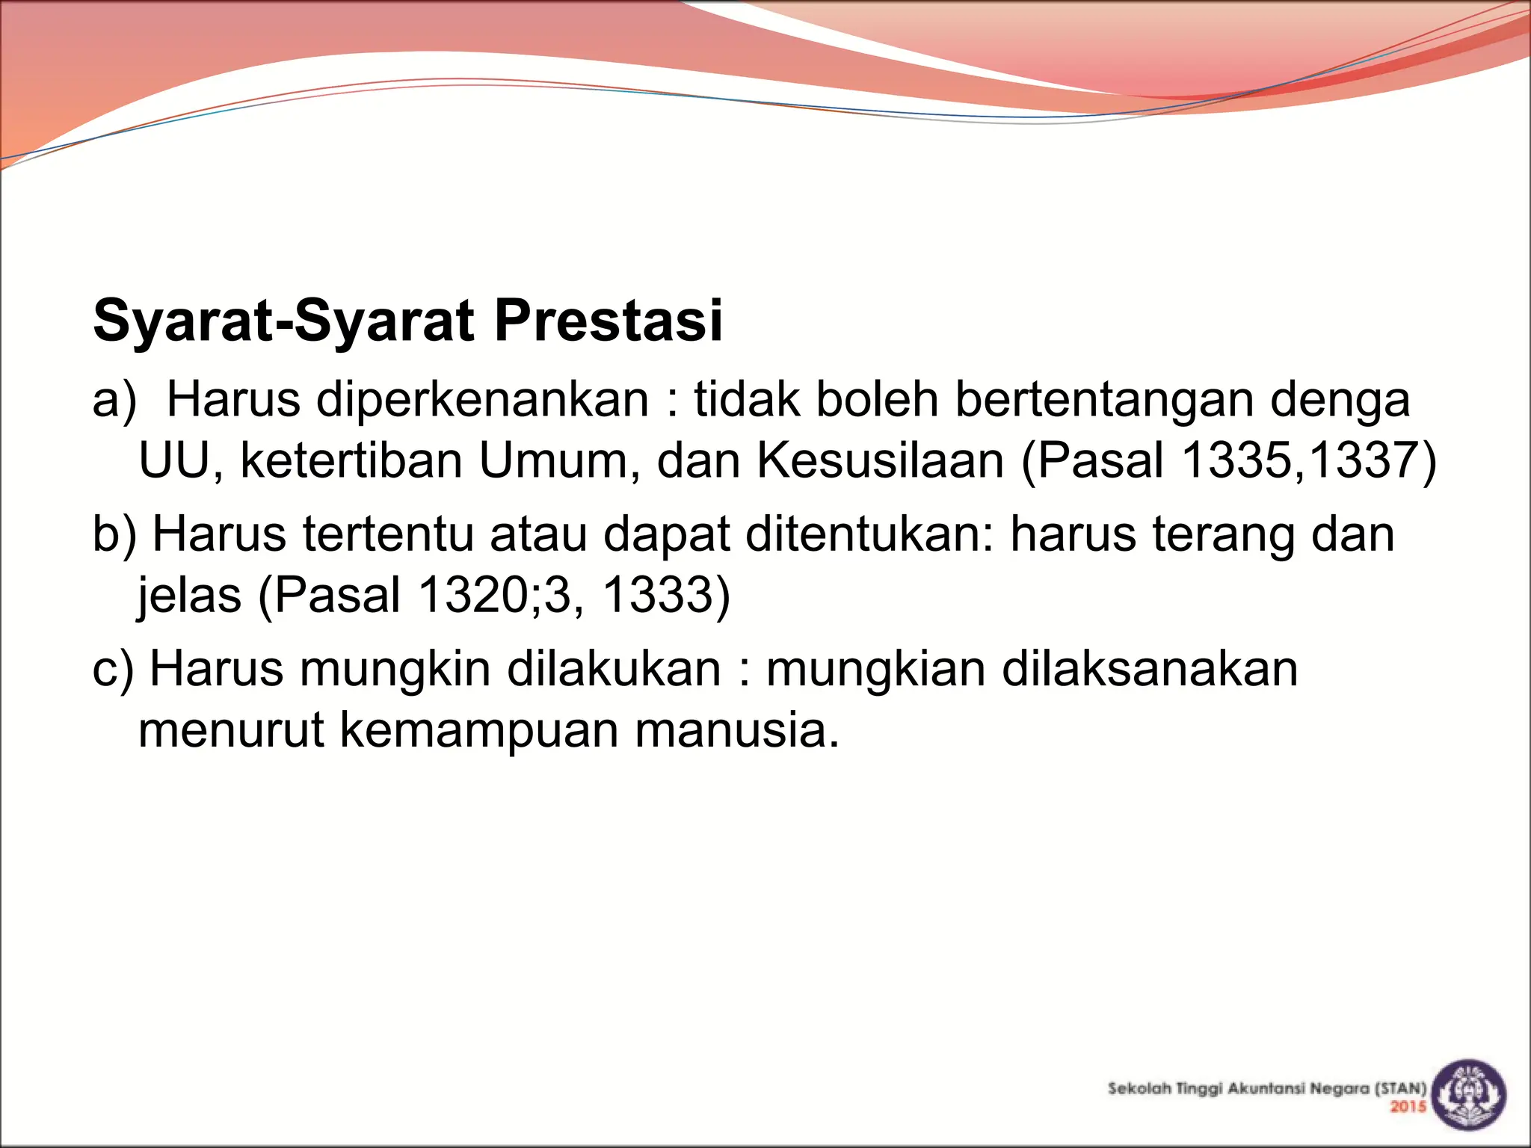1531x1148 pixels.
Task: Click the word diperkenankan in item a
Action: tap(482, 399)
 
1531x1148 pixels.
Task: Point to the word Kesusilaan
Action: tap(880, 460)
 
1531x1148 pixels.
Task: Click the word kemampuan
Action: tap(479, 729)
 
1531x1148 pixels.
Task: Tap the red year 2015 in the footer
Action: tap(1408, 1106)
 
